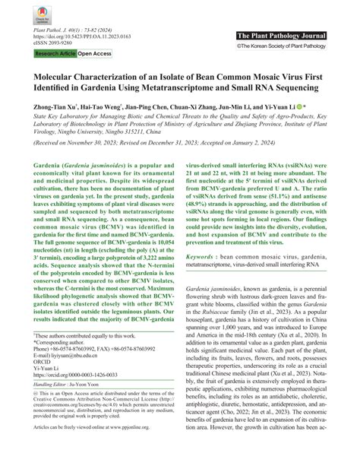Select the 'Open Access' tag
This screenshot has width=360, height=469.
[95, 55]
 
